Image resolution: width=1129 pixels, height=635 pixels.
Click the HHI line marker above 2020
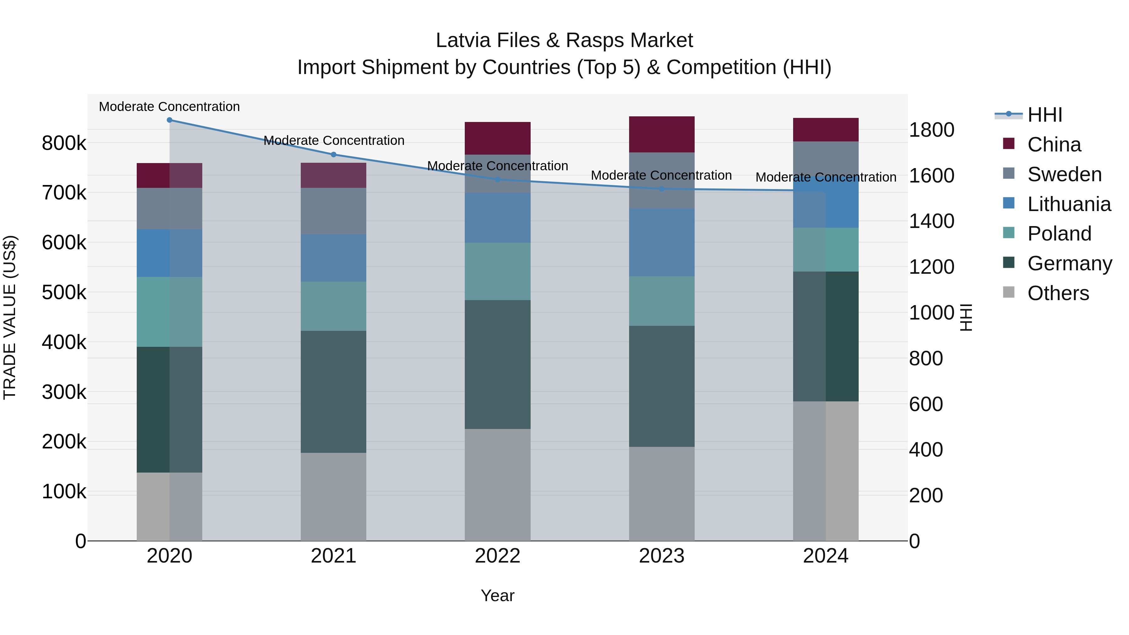pos(170,120)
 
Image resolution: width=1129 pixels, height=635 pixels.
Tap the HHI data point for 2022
pos(497,179)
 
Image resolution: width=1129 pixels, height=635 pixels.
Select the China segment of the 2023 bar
pos(661,135)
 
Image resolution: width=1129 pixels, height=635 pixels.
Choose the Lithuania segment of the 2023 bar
pos(661,242)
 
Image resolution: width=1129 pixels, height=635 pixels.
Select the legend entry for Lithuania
pos(1068,204)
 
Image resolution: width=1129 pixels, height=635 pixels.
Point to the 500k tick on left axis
pos(64,292)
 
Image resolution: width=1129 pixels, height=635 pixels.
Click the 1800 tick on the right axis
pos(931,130)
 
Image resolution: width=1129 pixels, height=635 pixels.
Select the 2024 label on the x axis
pos(826,556)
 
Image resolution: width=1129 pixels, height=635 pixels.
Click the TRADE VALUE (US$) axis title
pos(10,317)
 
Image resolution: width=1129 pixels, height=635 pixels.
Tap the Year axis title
pos(497,595)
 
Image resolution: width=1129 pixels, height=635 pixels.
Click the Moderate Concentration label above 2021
pos(334,141)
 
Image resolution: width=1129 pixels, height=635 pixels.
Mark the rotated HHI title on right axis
pos(966,317)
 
